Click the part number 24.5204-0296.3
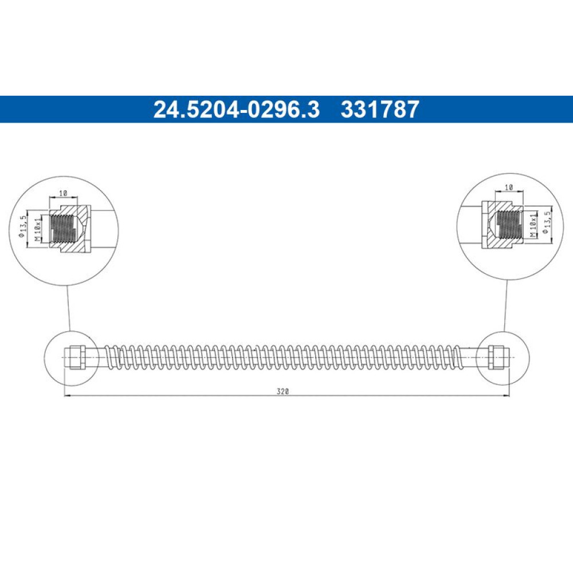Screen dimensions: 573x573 [x=237, y=109]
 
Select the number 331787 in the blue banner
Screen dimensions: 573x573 [x=380, y=109]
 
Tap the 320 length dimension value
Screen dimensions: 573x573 [x=283, y=391]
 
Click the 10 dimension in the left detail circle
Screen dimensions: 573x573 [x=63, y=193]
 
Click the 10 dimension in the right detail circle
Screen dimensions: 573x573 [x=509, y=187]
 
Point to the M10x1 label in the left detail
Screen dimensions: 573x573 [x=37, y=229]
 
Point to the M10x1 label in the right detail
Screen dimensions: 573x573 [x=534, y=223]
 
